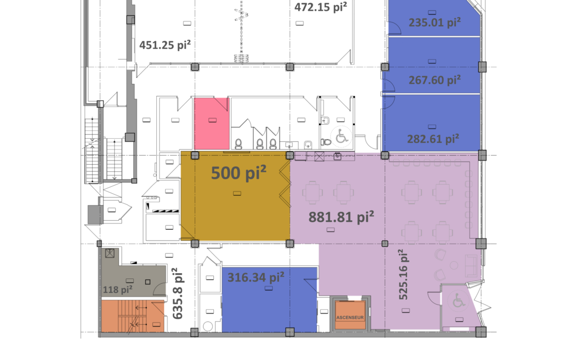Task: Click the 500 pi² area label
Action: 238,173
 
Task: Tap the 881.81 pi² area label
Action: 341,217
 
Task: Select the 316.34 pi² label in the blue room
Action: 255,277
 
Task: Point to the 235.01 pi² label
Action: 435,22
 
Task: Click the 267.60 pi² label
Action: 435,79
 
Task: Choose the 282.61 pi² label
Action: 433,139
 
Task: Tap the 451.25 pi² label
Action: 165,45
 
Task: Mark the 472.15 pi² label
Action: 321,6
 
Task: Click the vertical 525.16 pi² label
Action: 403,275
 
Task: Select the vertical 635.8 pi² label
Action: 178,293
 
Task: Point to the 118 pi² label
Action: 117,290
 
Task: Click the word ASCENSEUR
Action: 350,317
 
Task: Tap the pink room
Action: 212,123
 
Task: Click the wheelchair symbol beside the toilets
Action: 342,136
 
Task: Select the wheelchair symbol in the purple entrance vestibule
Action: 458,300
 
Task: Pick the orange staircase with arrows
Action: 133,316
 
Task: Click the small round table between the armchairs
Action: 454,265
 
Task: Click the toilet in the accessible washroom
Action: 326,142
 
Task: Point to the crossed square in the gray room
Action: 110,253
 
